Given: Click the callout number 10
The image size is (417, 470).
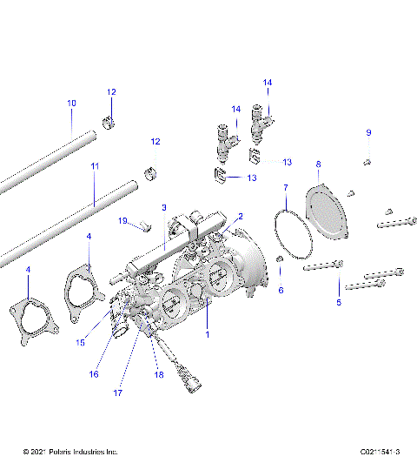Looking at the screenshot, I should (71, 104).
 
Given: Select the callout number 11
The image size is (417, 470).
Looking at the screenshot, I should (95, 165).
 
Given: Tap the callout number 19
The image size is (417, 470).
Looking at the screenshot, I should (122, 220).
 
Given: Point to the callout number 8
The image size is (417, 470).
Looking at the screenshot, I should (318, 164).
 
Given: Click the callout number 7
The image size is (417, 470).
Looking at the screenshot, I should (286, 187).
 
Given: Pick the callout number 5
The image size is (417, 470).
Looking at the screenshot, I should (339, 302).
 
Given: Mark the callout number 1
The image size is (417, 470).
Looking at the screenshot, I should (207, 333).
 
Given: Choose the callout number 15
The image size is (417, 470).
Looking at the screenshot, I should (80, 342).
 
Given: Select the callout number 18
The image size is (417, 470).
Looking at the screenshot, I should (159, 374).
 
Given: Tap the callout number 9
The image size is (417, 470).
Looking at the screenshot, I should (367, 132).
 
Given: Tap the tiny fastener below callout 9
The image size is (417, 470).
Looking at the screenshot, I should (367, 161).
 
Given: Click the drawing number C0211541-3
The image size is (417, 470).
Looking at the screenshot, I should (380, 452).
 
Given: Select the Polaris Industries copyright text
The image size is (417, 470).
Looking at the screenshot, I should (70, 452).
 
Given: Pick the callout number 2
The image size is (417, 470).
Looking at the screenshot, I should (241, 216).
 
